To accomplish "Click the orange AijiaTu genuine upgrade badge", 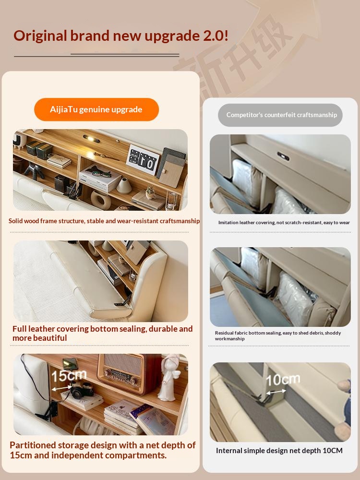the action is coord(96,109).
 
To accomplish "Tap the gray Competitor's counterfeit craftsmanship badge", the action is coord(280,115).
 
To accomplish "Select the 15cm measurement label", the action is coord(69,375).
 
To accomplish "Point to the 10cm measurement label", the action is coord(283,380).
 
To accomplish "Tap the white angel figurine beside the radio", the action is coord(169,377).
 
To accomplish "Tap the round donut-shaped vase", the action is coord(101,201).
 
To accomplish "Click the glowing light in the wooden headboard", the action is coord(91,139).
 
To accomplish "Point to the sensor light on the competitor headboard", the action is coord(284,156).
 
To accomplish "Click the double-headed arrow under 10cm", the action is coord(276,392).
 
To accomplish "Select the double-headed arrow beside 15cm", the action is coord(62,388).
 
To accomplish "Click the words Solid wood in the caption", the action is coord(24,221).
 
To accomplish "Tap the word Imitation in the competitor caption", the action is coord(228,223).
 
